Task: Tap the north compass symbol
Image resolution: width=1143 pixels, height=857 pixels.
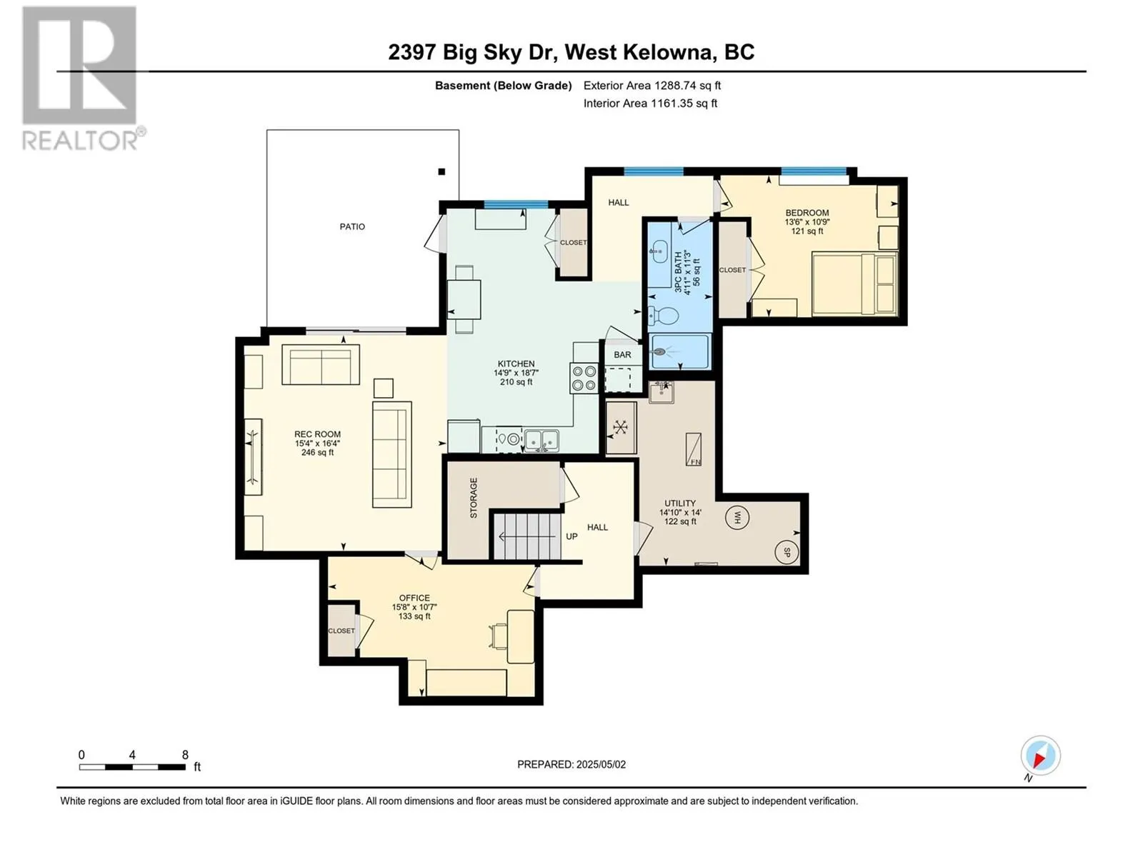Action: point(1040,756)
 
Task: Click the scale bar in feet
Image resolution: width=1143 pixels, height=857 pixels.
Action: point(132,767)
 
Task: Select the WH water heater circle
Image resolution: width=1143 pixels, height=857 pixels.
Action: point(737,517)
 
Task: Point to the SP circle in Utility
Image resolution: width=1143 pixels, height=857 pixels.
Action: point(787,551)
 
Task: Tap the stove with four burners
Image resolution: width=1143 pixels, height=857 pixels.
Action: point(584,378)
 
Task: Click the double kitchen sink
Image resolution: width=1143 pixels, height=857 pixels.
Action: point(541,440)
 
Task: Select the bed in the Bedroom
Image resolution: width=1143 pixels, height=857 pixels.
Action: point(854,284)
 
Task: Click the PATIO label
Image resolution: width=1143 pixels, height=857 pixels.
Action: point(352,226)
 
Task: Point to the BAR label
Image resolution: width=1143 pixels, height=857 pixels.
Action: point(622,354)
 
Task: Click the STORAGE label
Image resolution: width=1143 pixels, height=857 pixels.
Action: point(473,498)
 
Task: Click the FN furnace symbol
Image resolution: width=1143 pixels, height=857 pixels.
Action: point(693,450)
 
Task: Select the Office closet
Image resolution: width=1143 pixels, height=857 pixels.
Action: point(341,631)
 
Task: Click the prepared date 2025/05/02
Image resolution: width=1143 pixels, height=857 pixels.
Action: point(571,764)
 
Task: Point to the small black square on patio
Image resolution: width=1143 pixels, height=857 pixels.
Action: point(441,171)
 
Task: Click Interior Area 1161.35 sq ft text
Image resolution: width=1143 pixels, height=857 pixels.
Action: point(650,103)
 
